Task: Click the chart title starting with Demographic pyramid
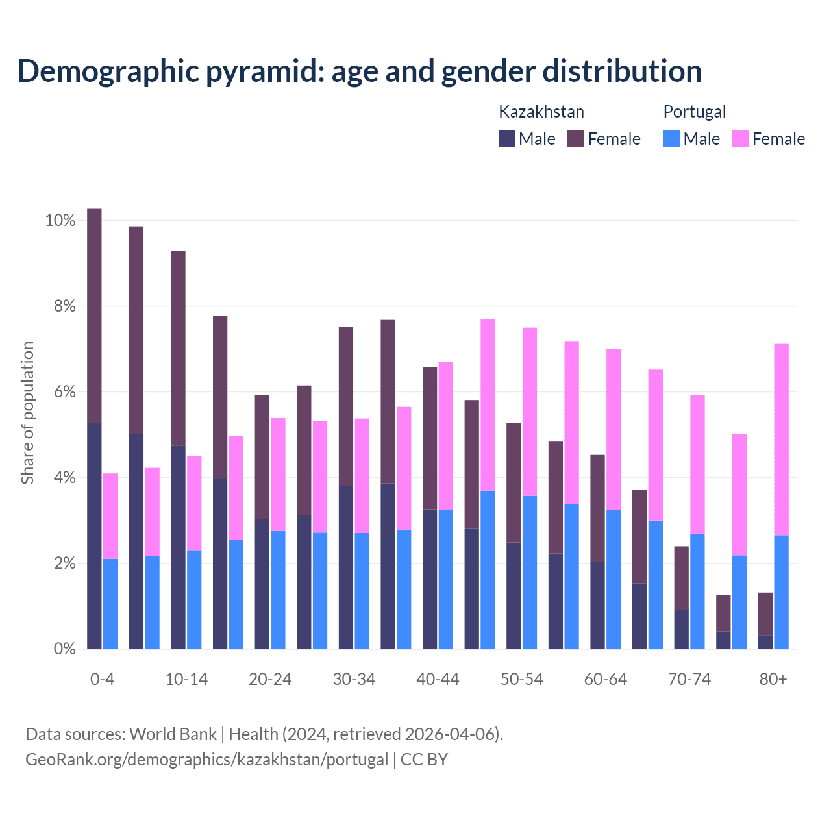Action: (360, 71)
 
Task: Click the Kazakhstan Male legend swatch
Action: (507, 138)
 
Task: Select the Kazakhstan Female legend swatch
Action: (576, 138)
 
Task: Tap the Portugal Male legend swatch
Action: (671, 138)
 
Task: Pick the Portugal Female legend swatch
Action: (741, 138)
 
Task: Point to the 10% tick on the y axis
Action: (60, 221)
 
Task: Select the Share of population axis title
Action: (27, 413)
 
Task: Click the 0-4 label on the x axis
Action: (103, 679)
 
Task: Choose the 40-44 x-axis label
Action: (438, 679)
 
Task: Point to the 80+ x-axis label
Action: (773, 679)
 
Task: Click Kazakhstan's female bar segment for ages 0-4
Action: (94, 316)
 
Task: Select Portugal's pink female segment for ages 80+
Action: (782, 439)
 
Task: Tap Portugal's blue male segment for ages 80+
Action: (782, 591)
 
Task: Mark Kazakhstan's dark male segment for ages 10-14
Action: (178, 547)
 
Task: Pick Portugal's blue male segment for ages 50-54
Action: (530, 572)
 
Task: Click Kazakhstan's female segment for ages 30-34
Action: (346, 406)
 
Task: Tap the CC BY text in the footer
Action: (424, 760)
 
